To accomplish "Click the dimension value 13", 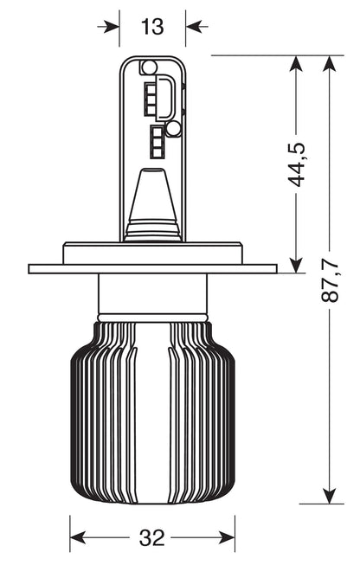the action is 152,27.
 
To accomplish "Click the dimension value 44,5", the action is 298,164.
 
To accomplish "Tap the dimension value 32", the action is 152,538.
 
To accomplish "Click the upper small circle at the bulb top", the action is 149,67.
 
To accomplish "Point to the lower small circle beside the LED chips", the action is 173,129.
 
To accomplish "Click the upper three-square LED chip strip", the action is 150,98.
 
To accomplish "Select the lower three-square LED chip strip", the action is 157,142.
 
